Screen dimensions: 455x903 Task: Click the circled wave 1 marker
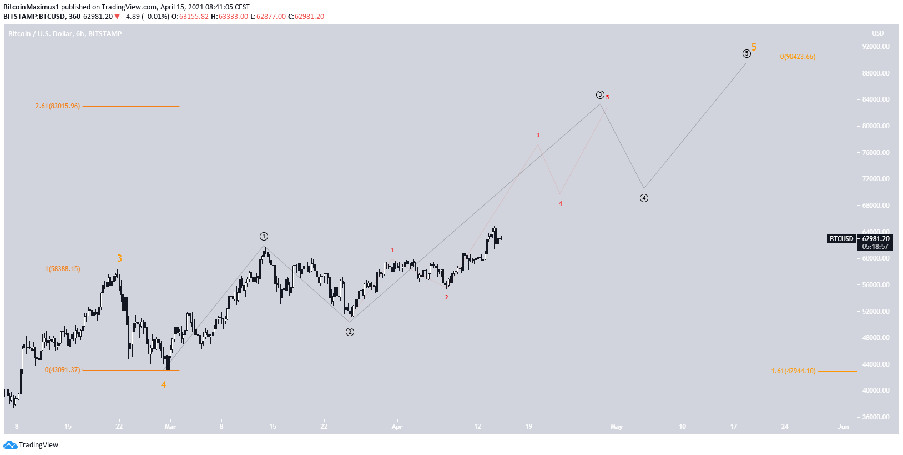tap(264, 236)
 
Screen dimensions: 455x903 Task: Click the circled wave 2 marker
tap(350, 332)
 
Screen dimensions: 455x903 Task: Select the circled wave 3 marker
tap(600, 94)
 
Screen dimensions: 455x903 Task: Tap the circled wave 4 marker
tap(644, 198)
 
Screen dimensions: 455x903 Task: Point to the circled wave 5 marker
tap(746, 53)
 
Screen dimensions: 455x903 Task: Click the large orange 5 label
tap(754, 47)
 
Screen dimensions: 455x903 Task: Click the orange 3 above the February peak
tap(119, 258)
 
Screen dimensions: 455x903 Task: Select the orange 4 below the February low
tap(163, 385)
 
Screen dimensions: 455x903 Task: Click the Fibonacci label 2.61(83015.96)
tap(58, 106)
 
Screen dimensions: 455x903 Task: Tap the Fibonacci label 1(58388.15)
tap(63, 269)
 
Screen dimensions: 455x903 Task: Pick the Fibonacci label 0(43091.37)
tap(63, 370)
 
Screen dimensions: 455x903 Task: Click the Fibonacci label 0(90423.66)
tap(798, 57)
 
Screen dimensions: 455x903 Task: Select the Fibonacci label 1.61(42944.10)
tap(793, 371)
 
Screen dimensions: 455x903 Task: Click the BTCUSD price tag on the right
tap(841, 239)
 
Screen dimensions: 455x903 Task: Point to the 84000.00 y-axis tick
tap(876, 99)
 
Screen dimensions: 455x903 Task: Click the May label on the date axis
tap(616, 427)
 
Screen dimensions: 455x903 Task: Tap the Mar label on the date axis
tap(170, 427)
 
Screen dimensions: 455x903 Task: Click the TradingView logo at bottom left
tap(31, 444)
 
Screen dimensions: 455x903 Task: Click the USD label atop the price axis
tap(877, 33)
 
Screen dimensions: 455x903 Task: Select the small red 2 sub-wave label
tap(446, 298)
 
